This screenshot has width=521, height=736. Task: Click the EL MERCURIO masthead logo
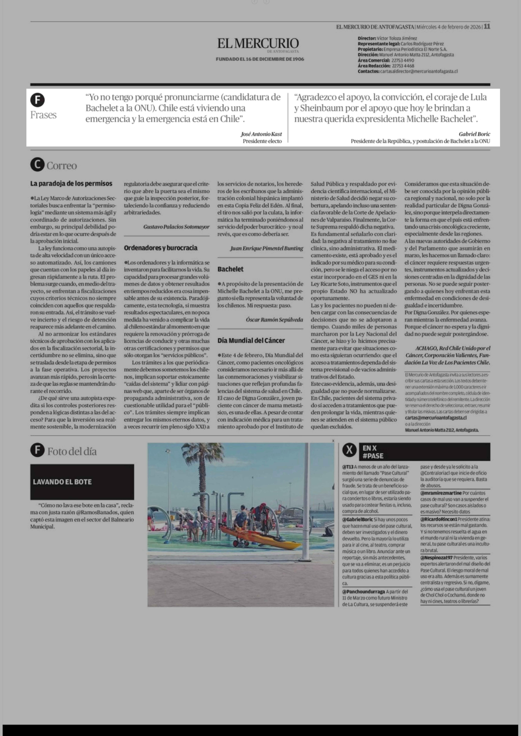(x=258, y=44)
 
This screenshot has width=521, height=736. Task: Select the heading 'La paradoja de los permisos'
(x=71, y=184)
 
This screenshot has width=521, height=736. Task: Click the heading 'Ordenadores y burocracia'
(x=160, y=248)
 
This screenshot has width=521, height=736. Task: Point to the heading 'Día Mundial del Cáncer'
(x=251, y=340)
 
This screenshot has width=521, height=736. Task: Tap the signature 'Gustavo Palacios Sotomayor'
(x=176, y=227)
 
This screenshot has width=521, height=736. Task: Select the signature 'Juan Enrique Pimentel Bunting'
(x=266, y=248)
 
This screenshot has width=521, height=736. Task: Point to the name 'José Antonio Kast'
(x=261, y=134)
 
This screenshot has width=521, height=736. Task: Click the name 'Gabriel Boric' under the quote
(x=474, y=134)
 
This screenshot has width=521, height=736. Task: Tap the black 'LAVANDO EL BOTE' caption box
(x=82, y=482)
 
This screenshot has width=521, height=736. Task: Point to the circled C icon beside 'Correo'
(x=37, y=165)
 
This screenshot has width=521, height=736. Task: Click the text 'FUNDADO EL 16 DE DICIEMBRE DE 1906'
(x=260, y=59)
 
